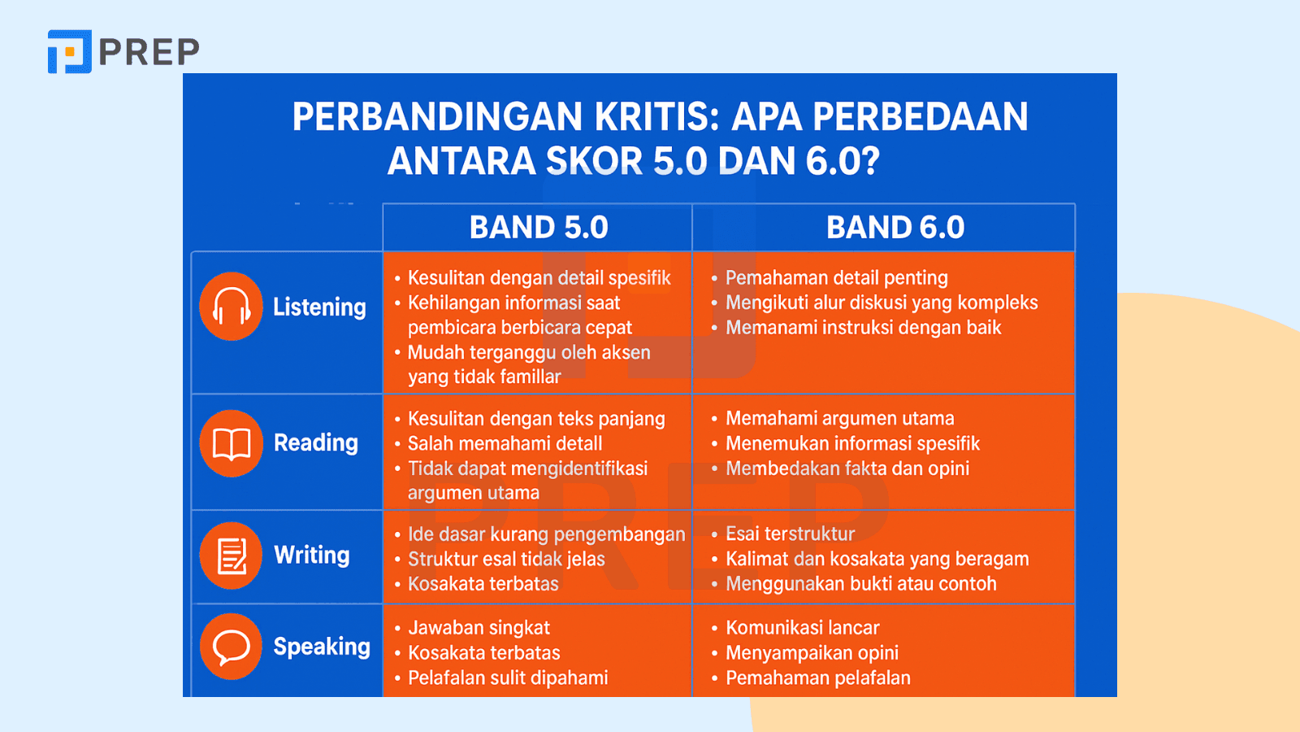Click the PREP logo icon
[70, 52]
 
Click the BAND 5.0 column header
[539, 227]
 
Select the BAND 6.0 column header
[895, 227]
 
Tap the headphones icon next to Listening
[231, 306]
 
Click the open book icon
[231, 444]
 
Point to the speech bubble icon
[231, 647]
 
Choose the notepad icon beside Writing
[231, 556]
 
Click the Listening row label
[319, 307]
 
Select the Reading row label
[316, 442]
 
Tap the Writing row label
[312, 555]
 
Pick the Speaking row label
[322, 647]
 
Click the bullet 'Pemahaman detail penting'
[836, 277]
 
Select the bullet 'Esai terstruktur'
[790, 534]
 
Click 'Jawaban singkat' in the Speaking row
[479, 628]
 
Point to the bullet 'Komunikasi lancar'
[802, 628]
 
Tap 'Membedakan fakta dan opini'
[847, 468]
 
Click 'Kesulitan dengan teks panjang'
[536, 419]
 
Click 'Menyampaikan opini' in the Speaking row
[812, 653]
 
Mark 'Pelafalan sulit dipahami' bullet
[508, 678]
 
